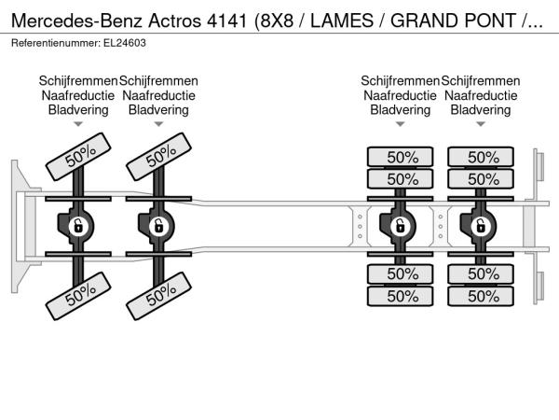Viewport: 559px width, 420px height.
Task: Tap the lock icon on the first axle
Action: tap(78, 226)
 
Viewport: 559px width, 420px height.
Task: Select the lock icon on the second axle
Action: tap(158, 226)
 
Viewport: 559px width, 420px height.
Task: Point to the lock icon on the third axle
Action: tap(401, 226)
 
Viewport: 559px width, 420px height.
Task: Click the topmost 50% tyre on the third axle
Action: tap(402, 157)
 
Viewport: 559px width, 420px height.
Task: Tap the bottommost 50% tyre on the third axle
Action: tap(402, 296)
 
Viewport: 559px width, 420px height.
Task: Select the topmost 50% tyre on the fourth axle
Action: tap(483, 157)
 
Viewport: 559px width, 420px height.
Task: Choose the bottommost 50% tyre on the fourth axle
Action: tap(483, 296)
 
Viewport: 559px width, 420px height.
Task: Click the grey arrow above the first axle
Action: tap(78, 124)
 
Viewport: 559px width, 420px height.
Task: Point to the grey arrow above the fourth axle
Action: tap(481, 124)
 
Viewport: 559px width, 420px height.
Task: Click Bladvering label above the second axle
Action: tap(158, 109)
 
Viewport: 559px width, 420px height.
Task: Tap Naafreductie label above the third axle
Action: tap(401, 95)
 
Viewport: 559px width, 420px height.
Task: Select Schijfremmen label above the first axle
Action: tap(78, 81)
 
